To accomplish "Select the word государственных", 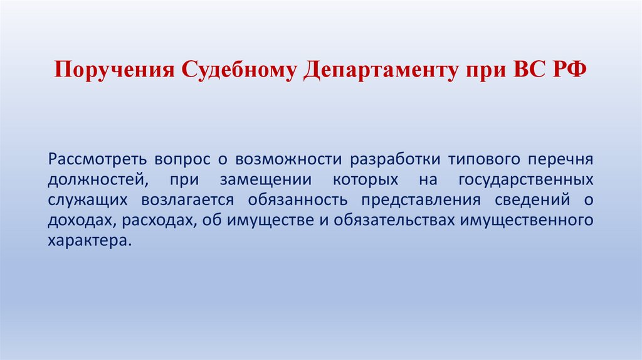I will (x=526, y=179).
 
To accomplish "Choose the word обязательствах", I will (x=395, y=221).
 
